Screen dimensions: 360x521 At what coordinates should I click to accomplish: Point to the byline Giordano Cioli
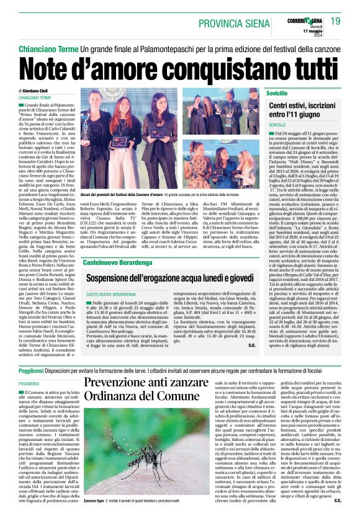tap(42, 91)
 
